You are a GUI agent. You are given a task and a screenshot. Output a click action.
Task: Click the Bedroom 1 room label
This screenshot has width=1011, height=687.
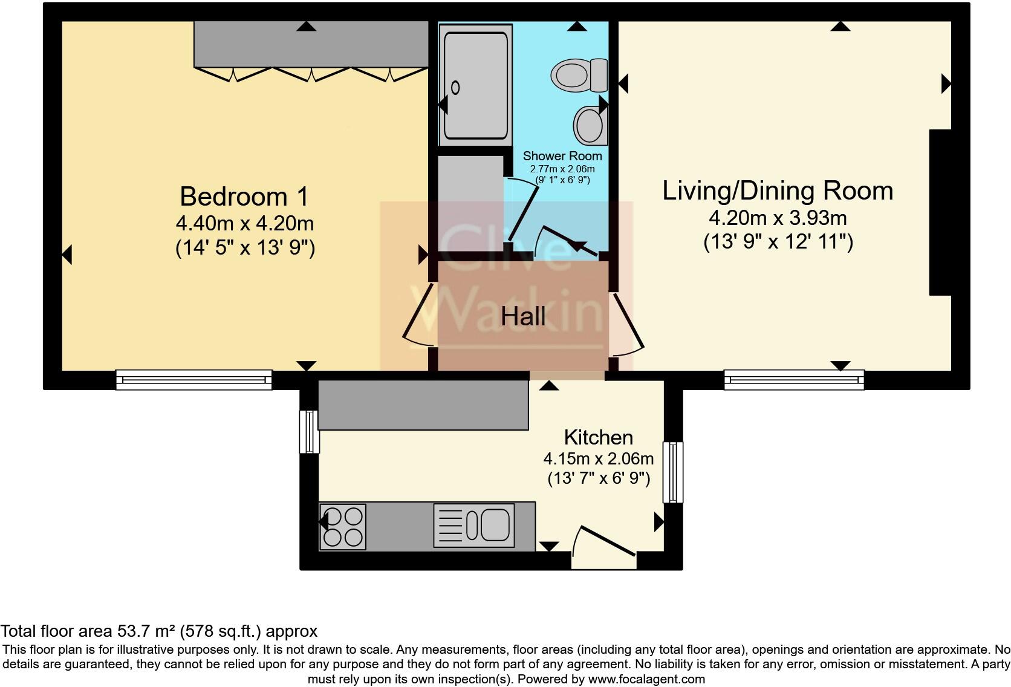click(x=244, y=197)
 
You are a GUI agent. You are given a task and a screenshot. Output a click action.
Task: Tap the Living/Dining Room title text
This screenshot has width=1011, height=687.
click(x=778, y=190)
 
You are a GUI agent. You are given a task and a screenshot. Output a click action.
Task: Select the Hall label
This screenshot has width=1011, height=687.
click(x=523, y=316)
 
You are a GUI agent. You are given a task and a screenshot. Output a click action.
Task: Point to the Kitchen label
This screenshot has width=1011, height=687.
click(x=599, y=437)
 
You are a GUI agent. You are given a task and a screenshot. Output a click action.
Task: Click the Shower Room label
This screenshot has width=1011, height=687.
click(x=562, y=156)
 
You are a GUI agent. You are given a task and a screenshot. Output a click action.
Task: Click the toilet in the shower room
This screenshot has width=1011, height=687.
click(x=579, y=75)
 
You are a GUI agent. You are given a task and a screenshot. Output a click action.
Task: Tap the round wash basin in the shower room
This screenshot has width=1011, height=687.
click(x=590, y=125)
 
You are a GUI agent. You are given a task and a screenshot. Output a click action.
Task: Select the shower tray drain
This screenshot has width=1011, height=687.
click(x=455, y=87)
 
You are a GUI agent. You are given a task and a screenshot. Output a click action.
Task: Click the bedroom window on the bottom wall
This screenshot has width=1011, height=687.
click(x=194, y=380)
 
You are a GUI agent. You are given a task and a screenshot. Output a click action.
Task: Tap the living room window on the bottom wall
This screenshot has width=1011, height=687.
click(x=795, y=380)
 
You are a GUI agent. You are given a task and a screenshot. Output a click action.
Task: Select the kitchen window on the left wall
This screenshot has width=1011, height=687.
click(x=310, y=432)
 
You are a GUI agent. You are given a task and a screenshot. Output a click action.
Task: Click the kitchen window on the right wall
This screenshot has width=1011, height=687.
click(x=673, y=472)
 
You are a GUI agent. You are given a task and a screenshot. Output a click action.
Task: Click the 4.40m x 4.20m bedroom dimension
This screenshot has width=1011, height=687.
click(x=245, y=223)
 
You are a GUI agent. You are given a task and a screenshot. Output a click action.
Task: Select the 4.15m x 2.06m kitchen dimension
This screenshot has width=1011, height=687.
click(x=599, y=458)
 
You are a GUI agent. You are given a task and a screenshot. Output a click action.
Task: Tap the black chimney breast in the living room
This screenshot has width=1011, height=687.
click(x=940, y=213)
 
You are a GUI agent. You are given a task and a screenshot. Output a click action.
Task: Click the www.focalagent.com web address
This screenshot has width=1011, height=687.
click(x=646, y=679)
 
